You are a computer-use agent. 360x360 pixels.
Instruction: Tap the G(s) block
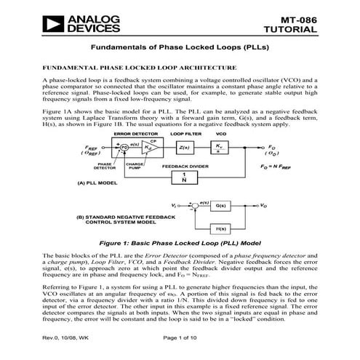(x=223, y=207)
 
